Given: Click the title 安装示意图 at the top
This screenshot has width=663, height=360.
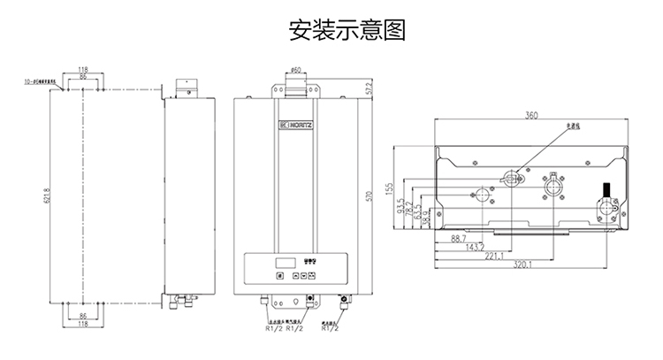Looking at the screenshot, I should [x=331, y=33].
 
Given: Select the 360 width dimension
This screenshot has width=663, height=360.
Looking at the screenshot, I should [x=530, y=115].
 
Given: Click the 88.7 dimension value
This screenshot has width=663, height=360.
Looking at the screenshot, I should [x=458, y=239].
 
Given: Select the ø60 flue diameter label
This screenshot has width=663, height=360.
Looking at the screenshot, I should [x=295, y=69].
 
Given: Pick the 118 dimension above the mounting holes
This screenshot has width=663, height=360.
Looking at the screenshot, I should [x=82, y=69].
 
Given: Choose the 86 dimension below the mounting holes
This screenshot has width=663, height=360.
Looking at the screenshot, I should [x=82, y=315].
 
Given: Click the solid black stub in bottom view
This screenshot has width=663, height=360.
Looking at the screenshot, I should [x=606, y=189].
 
